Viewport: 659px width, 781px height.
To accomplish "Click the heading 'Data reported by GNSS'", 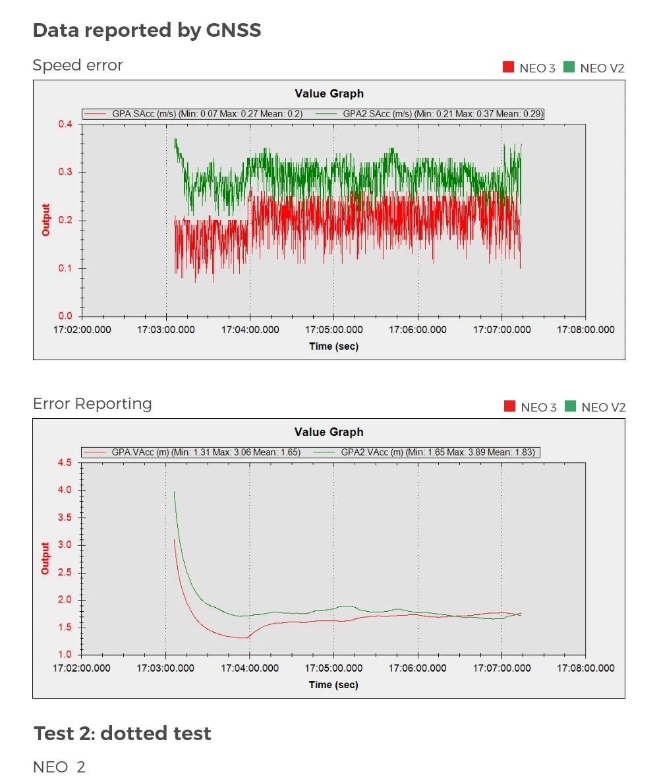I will click(x=147, y=30).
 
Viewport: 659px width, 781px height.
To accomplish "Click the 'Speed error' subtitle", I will click(x=78, y=65).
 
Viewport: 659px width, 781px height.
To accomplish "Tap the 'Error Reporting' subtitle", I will click(x=92, y=404).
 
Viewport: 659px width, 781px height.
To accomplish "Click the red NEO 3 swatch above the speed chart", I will click(x=508, y=67).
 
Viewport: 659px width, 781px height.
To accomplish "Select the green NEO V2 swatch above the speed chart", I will click(x=569, y=67).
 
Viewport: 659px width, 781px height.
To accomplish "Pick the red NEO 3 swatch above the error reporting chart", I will click(x=509, y=406).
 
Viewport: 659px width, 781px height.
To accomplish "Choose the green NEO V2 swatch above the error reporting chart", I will click(x=570, y=406).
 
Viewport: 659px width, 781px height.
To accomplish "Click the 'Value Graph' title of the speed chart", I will click(x=329, y=94).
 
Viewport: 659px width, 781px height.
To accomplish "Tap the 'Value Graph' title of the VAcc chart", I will click(x=329, y=432).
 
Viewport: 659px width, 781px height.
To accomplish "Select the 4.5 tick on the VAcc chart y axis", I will click(x=65, y=463).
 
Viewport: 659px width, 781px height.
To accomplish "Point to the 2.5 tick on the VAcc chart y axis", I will click(x=65, y=573).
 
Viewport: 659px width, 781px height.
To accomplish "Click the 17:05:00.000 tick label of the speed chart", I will click(x=333, y=330).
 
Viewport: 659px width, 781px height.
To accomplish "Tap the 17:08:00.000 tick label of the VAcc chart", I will click(x=586, y=668).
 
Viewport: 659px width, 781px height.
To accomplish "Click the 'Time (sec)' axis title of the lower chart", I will click(x=333, y=685).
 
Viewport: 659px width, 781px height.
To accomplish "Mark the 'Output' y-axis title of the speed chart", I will click(x=46, y=220).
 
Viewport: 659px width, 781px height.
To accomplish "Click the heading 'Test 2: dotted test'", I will click(x=123, y=734).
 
